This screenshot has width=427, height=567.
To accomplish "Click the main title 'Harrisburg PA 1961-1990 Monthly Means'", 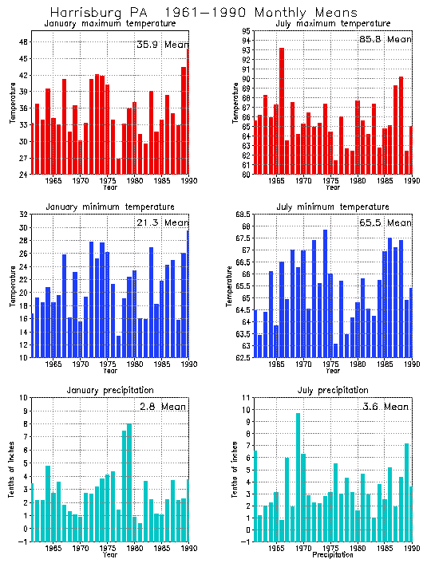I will point(204,13).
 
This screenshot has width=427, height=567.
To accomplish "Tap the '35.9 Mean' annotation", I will point(162,45).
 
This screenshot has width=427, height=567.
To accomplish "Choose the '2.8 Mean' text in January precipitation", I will point(162,407).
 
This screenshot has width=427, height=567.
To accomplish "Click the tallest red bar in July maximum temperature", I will point(281,112).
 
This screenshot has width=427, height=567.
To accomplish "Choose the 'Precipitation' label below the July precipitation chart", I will point(333,554).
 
